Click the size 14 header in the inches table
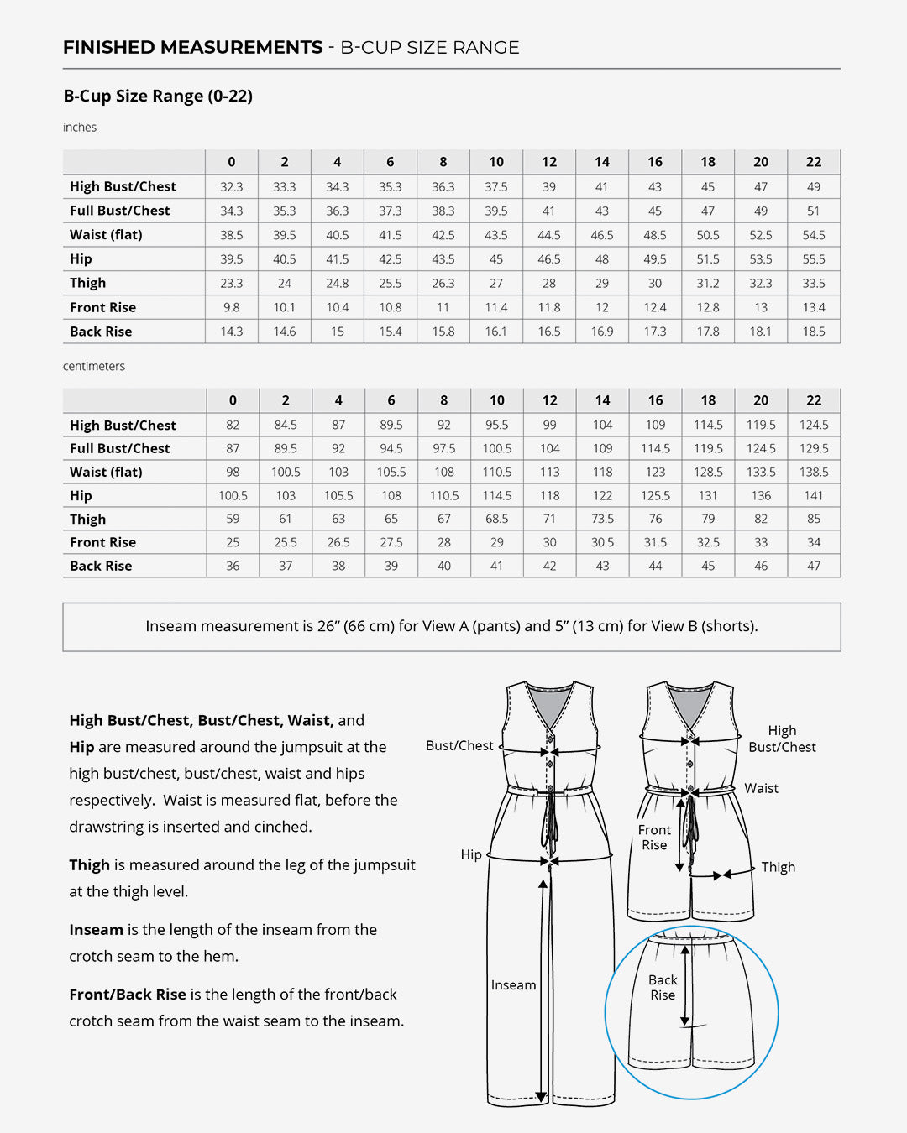click(602, 162)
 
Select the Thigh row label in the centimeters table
click(88, 520)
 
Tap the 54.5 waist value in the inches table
click(814, 235)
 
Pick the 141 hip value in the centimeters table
click(814, 496)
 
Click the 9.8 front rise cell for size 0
click(232, 308)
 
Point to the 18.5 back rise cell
click(814, 332)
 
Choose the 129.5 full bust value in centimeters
click(814, 449)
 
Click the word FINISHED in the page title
click(108, 48)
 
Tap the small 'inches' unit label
click(80, 128)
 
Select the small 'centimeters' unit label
click(94, 367)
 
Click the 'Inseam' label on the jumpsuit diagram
click(513, 985)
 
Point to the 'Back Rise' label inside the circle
click(663, 988)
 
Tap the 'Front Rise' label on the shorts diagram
click(654, 838)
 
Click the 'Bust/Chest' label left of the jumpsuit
click(459, 746)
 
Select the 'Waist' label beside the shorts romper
click(761, 789)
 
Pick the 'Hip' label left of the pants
click(471, 854)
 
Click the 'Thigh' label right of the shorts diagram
click(778, 868)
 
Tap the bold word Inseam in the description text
click(96, 930)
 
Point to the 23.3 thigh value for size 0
click(232, 284)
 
